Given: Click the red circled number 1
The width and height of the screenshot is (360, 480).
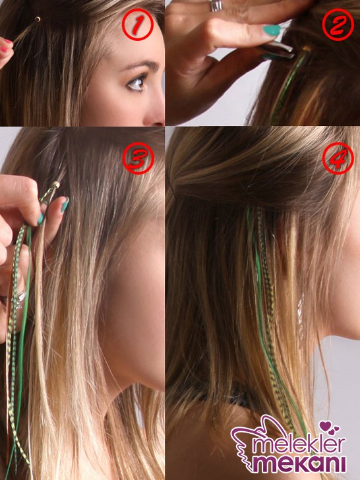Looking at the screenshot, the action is [137, 24].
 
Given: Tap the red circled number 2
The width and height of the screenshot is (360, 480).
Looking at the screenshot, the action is [338, 24].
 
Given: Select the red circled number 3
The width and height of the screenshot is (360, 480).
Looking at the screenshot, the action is [138, 158].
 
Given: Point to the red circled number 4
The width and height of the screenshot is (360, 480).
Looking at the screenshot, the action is [338, 158].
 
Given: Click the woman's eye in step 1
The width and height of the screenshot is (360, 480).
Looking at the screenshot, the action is [136, 83].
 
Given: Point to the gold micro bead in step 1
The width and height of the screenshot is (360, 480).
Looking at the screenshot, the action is [38, 19].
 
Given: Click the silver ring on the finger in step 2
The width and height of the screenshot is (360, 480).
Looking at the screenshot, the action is [216, 6].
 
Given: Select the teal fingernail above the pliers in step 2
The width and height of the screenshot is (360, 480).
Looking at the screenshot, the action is [271, 30].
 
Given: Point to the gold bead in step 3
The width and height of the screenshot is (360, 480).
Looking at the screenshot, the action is [55, 185].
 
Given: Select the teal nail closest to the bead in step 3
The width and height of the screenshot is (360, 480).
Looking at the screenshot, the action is [65, 205].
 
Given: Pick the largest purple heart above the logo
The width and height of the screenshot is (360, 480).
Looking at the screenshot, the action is [324, 426].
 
